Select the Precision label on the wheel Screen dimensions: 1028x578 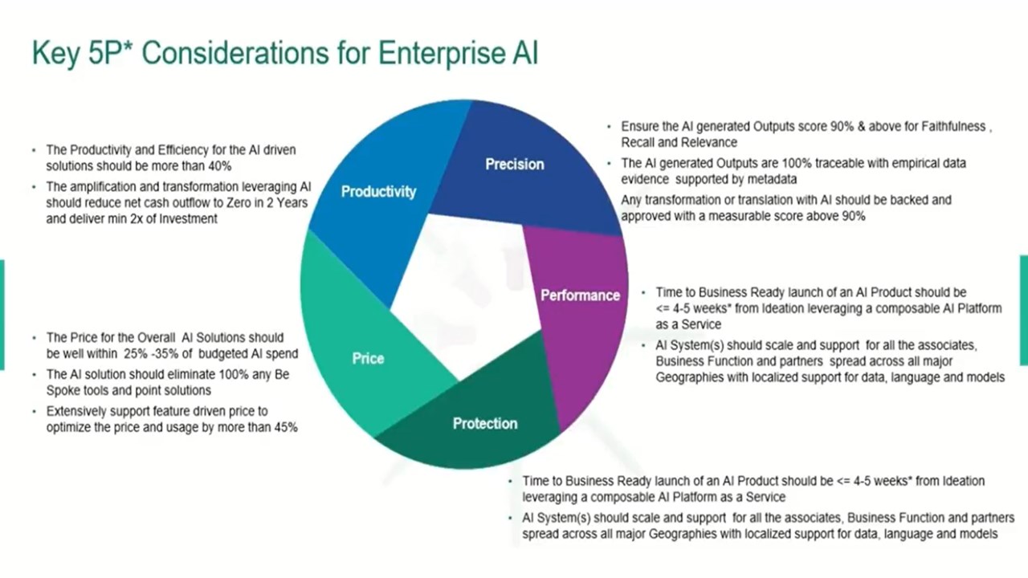[x=515, y=164]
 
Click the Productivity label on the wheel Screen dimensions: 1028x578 [x=378, y=191]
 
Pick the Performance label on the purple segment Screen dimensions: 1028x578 [x=580, y=295]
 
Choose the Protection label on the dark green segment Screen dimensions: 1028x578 [x=485, y=423]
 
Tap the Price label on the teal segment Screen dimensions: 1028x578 [x=368, y=358]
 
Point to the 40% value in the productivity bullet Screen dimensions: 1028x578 [x=219, y=166]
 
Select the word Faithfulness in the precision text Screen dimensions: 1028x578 [x=953, y=126]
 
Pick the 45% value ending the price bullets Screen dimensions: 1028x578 [x=286, y=427]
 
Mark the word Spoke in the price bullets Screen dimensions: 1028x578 [x=62, y=390]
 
